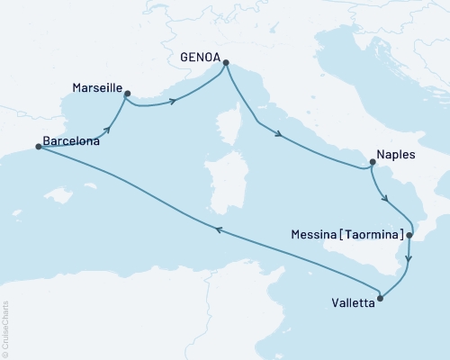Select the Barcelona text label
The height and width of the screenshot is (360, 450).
[x=71, y=141]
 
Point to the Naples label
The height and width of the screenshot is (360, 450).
[x=396, y=155]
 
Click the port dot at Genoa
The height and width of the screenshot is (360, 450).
[x=225, y=62]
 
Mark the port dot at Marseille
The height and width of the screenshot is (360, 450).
[x=127, y=93]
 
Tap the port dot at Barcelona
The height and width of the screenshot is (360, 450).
[x=38, y=147]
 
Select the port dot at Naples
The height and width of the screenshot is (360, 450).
[x=371, y=163]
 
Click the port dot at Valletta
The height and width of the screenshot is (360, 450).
[x=381, y=298]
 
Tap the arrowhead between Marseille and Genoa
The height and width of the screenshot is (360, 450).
[x=171, y=102]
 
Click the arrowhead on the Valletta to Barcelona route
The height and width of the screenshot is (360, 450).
[x=219, y=230]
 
